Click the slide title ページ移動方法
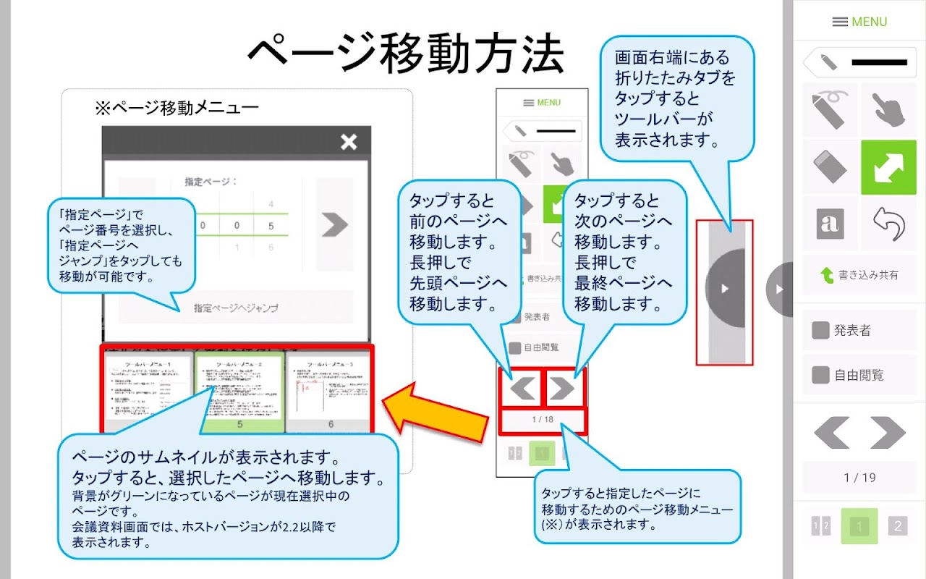(405, 54)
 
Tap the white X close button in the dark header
(349, 142)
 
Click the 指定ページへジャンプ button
(236, 308)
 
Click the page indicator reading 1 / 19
(859, 478)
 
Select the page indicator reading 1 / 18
(542, 420)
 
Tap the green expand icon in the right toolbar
(888, 167)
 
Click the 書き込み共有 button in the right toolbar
(859, 275)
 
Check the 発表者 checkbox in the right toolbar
(820, 331)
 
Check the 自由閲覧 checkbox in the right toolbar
(820, 375)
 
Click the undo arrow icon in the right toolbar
(888, 224)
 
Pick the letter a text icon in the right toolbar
(830, 224)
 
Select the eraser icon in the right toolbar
(830, 167)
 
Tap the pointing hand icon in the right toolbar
(888, 111)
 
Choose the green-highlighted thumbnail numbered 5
(239, 391)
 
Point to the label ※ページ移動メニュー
(177, 109)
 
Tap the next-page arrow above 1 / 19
(888, 433)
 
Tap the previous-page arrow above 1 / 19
(831, 433)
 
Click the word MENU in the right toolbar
(869, 22)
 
